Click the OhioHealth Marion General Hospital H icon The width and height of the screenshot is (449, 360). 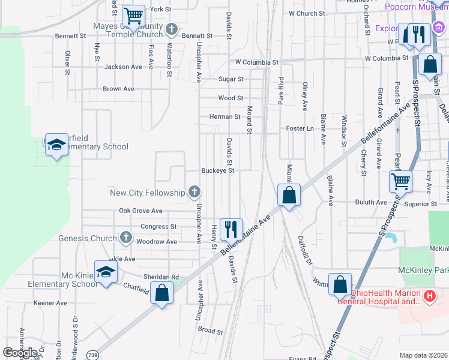pyautogui.click(x=430, y=296)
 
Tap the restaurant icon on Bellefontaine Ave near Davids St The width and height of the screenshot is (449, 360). pyautogui.click(x=231, y=228)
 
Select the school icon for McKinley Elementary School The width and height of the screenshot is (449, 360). pyautogui.click(x=106, y=272)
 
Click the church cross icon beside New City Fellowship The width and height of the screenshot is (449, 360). pyautogui.click(x=194, y=192)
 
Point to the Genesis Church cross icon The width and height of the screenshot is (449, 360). pyautogui.click(x=125, y=238)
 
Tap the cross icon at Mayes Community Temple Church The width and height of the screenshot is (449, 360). pyautogui.click(x=172, y=29)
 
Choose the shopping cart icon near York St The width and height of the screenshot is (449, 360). pyautogui.click(x=133, y=16)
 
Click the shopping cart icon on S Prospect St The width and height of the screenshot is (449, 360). pyautogui.click(x=400, y=180)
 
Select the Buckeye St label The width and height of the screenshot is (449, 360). pyautogui.click(x=217, y=170)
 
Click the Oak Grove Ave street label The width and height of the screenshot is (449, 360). pyautogui.click(x=140, y=211)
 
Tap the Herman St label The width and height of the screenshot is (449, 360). pyautogui.click(x=224, y=116)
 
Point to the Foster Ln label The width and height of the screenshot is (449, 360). pyautogui.click(x=300, y=128)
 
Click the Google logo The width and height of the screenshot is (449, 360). pyautogui.click(x=20, y=353)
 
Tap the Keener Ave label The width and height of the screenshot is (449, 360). pyautogui.click(x=50, y=303)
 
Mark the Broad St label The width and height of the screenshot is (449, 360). pyautogui.click(x=211, y=331)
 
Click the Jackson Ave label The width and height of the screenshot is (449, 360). pyautogui.click(x=123, y=67)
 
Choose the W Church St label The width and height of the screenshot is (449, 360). pyautogui.click(x=307, y=13)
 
